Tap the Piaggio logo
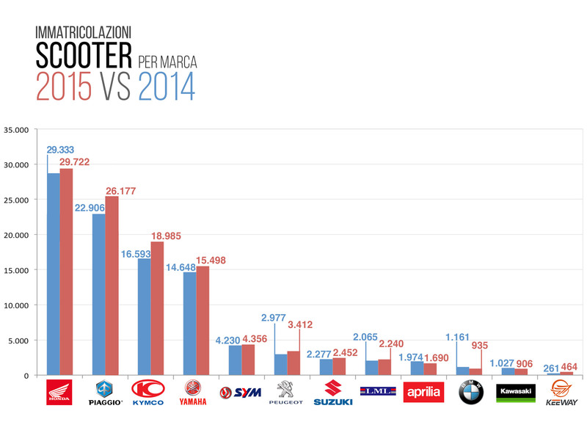tap(105, 392)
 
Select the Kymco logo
tap(150, 392)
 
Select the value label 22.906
tap(90, 207)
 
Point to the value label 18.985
tap(166, 236)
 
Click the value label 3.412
tap(301, 323)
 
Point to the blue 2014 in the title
tap(166, 87)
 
